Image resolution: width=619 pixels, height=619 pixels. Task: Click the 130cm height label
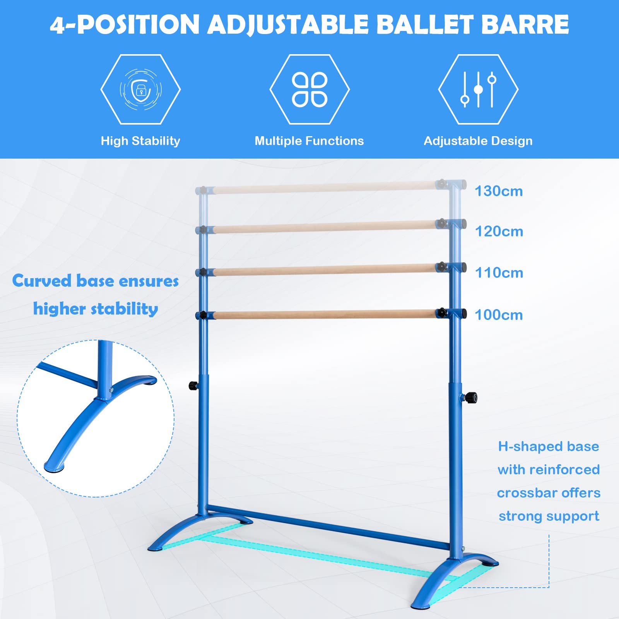(498, 191)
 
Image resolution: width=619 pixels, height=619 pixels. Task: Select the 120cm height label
(499, 231)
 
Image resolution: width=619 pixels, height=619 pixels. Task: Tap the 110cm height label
(499, 273)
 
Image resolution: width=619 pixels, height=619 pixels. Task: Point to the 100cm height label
(498, 315)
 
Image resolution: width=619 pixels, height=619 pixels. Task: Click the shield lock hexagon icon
(140, 89)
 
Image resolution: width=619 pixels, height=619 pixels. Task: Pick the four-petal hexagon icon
(309, 89)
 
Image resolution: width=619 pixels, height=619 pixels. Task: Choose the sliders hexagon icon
(478, 89)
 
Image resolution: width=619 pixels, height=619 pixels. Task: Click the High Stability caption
(140, 141)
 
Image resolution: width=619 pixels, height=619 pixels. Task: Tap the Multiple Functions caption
(309, 141)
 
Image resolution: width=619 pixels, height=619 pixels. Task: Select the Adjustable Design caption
(478, 141)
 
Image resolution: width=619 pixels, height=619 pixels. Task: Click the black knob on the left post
(193, 385)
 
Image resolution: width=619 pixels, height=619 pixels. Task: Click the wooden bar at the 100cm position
(325, 314)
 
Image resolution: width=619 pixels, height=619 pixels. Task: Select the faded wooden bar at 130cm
(325, 188)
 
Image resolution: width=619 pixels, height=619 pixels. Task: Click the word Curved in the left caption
(42, 281)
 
